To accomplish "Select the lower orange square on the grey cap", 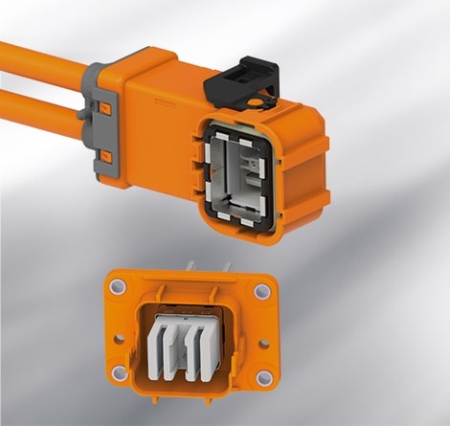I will [107, 155].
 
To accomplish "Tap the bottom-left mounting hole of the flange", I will [121, 373].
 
